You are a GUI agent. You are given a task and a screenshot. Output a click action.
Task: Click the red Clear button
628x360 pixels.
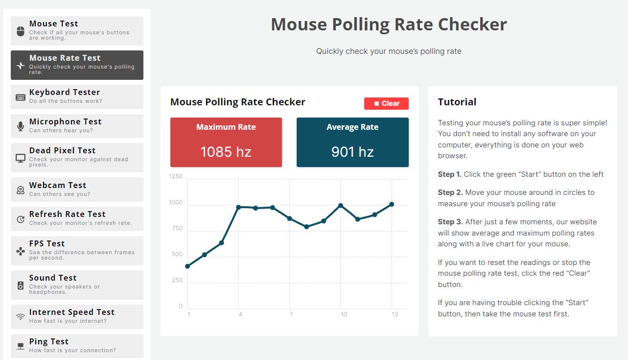[386, 103]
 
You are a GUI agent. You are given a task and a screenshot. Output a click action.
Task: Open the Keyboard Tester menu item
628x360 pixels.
[77, 96]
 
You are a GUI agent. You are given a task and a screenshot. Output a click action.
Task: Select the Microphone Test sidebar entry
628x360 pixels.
[77, 126]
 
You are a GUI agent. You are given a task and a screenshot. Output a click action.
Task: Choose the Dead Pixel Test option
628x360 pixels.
[77, 157]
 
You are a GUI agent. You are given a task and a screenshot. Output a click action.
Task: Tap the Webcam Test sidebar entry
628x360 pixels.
[77, 189]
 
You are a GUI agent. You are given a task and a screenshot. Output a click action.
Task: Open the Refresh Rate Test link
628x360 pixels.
[77, 218]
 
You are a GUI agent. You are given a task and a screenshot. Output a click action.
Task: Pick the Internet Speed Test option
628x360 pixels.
[77, 316]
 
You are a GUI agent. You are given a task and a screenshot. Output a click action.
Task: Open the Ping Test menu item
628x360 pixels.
[77, 346]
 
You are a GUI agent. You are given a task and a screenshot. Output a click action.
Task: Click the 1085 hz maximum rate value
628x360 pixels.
[226, 152]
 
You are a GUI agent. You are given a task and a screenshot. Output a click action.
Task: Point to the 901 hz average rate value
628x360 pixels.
[352, 152]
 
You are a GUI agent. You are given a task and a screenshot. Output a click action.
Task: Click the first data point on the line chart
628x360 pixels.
[187, 266]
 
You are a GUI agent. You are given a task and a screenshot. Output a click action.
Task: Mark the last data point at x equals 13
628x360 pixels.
[392, 204]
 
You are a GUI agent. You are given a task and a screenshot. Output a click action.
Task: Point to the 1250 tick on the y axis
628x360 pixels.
[176, 176]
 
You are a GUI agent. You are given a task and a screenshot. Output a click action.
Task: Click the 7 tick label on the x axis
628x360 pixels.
[291, 314]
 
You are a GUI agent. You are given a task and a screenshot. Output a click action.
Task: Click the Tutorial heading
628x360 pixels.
[457, 102]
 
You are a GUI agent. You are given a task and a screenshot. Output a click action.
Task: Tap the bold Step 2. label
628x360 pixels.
[449, 192]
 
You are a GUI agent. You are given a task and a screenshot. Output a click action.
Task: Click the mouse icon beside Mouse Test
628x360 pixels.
[21, 31]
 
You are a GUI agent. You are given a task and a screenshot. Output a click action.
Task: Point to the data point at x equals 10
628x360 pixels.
[341, 206]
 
